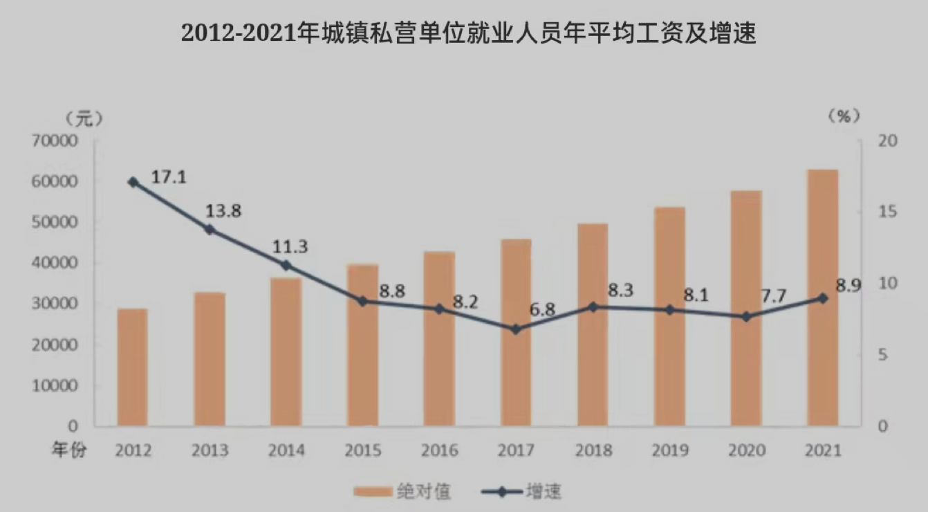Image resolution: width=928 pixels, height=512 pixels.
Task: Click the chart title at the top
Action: coord(468,33)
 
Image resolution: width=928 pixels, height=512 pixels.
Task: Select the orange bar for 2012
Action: coord(132,367)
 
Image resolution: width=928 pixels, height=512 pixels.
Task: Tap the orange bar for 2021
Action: coord(822,298)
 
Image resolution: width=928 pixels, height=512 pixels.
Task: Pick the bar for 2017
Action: coord(516,332)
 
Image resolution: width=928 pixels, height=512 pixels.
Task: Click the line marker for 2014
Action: coord(286,265)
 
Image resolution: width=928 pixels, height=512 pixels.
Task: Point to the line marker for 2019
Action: coord(669,310)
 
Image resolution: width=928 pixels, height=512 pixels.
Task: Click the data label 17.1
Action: coord(169,176)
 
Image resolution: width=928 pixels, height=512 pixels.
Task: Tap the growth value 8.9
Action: coord(848,286)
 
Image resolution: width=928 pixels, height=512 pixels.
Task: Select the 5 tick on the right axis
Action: coord(883,354)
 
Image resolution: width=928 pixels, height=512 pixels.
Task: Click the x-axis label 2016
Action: coord(440,450)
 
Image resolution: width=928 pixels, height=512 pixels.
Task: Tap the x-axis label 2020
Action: coord(746,450)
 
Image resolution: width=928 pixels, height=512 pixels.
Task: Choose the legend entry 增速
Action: coord(544,492)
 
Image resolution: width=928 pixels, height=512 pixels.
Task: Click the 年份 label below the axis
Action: coord(69,450)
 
